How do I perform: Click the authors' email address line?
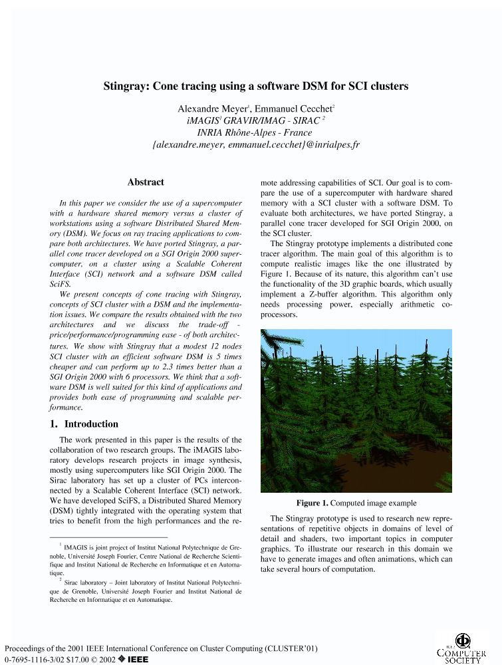pos(256,144)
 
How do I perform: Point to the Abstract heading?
pos(146,182)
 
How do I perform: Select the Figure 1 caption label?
pos(312,503)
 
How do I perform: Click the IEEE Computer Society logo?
pos(462,647)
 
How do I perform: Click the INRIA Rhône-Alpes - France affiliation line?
pos(255,132)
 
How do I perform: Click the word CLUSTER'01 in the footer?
pos(292,648)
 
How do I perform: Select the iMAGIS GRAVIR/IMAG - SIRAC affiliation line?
pos(255,120)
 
